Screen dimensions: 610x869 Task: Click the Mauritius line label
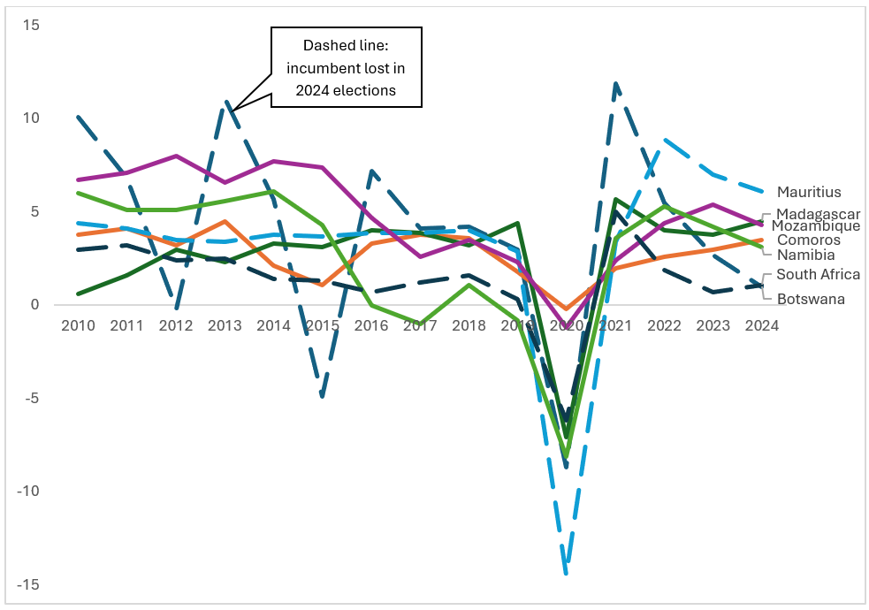click(809, 192)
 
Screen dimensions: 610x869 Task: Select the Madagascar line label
click(818, 214)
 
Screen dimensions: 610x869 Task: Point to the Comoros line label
click(808, 240)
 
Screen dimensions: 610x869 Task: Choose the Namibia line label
click(805, 255)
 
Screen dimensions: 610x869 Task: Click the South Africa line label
click(818, 275)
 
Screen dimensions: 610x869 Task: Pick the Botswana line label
click(811, 299)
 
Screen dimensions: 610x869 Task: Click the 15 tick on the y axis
click(31, 25)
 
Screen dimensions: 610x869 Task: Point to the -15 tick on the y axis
click(28, 585)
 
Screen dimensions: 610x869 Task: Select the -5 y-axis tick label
click(31, 399)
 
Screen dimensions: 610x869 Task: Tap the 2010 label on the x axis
click(78, 325)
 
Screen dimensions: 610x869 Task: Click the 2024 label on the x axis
click(761, 325)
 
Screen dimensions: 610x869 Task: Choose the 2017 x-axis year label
click(420, 325)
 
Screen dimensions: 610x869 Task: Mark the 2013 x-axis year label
click(225, 325)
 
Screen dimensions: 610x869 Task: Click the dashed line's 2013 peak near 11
click(227, 103)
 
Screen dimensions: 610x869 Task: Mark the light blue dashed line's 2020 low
click(567, 572)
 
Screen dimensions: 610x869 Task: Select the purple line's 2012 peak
click(176, 156)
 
